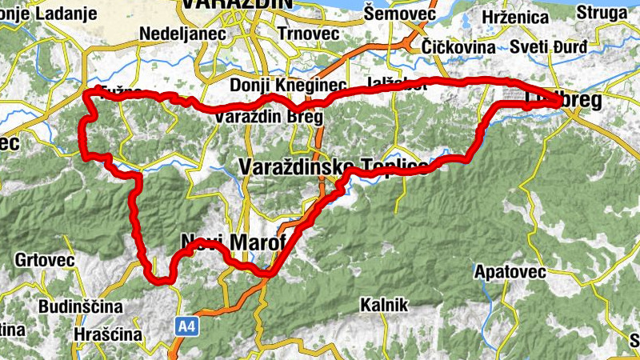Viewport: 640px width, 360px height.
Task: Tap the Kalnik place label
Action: (x=384, y=305)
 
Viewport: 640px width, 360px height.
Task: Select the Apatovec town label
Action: (x=510, y=272)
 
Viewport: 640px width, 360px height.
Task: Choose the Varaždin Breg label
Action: (x=269, y=118)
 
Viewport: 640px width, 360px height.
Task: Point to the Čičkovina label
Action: (x=458, y=46)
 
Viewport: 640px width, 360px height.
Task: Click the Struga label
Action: (x=601, y=14)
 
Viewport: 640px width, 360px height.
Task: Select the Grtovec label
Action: (x=44, y=261)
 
